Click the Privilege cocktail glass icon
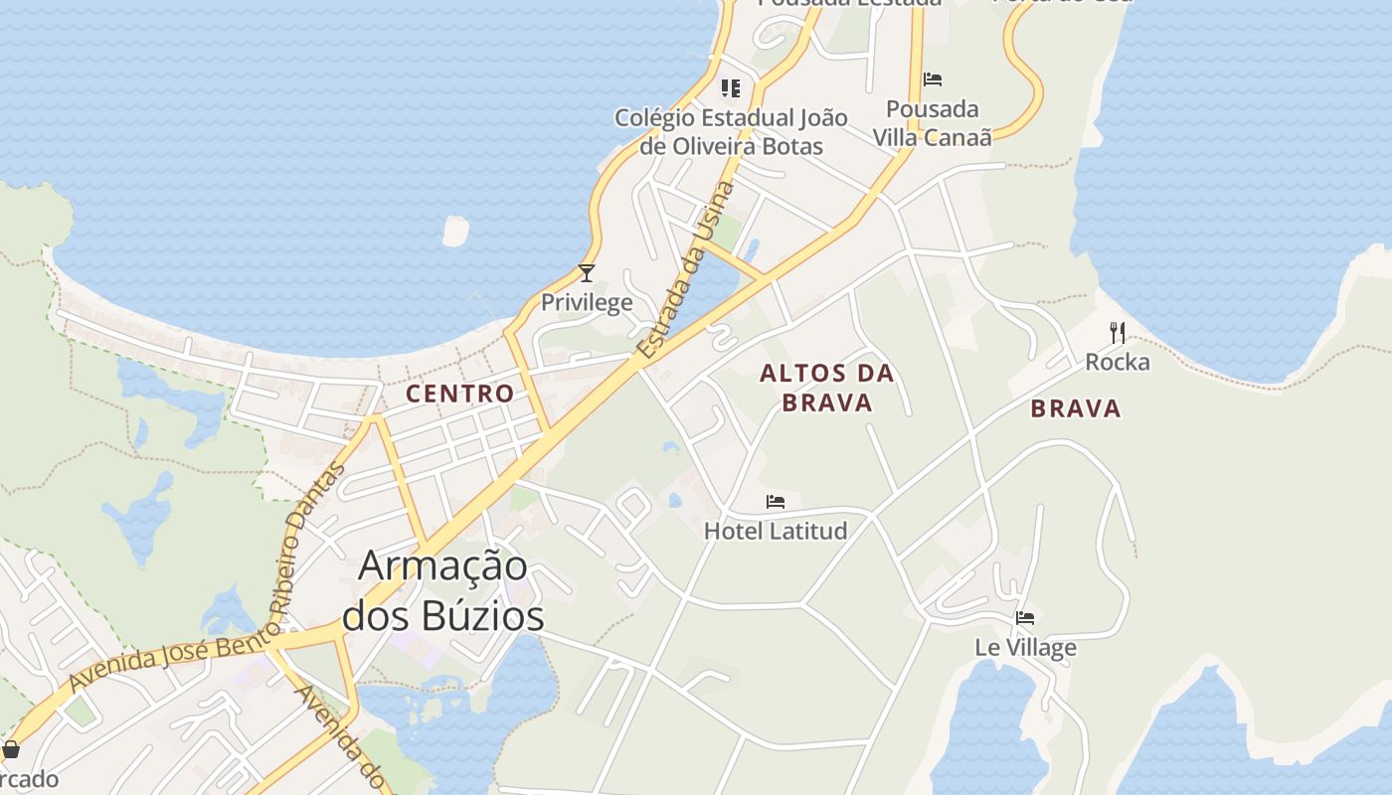tap(587, 273)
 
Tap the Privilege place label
tap(587, 302)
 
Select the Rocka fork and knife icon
tap(1118, 333)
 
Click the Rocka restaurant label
tap(1118, 362)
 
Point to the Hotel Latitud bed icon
tap(776, 502)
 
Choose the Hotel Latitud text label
tap(776, 531)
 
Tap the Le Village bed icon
tap(1025, 618)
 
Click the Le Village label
tap(1025, 648)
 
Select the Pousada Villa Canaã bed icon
tap(933, 79)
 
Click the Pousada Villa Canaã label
tap(933, 123)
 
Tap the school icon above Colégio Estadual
tap(731, 88)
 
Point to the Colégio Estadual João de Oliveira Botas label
tap(731, 132)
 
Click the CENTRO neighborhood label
tap(460, 394)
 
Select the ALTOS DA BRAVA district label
tap(827, 389)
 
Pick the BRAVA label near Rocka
tap(1076, 408)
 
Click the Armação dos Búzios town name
tap(443, 590)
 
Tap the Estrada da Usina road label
tap(686, 270)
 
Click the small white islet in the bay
tap(455, 231)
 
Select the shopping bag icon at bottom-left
tap(11, 749)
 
